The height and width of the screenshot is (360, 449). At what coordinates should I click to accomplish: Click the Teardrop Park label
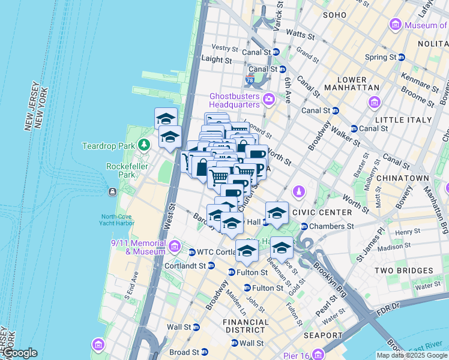[x=109, y=146]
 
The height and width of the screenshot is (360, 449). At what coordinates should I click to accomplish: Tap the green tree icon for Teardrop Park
[x=143, y=145]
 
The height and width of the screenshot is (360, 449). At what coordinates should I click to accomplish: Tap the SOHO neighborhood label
[x=335, y=14]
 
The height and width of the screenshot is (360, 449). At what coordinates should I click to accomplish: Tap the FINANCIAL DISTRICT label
[x=246, y=326]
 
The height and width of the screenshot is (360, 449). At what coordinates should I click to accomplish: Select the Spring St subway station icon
[x=402, y=58]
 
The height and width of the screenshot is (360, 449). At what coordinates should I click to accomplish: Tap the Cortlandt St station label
[x=185, y=265]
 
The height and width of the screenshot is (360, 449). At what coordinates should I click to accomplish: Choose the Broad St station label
[x=184, y=352]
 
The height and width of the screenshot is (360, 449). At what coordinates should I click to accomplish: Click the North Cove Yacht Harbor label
[x=118, y=220]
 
